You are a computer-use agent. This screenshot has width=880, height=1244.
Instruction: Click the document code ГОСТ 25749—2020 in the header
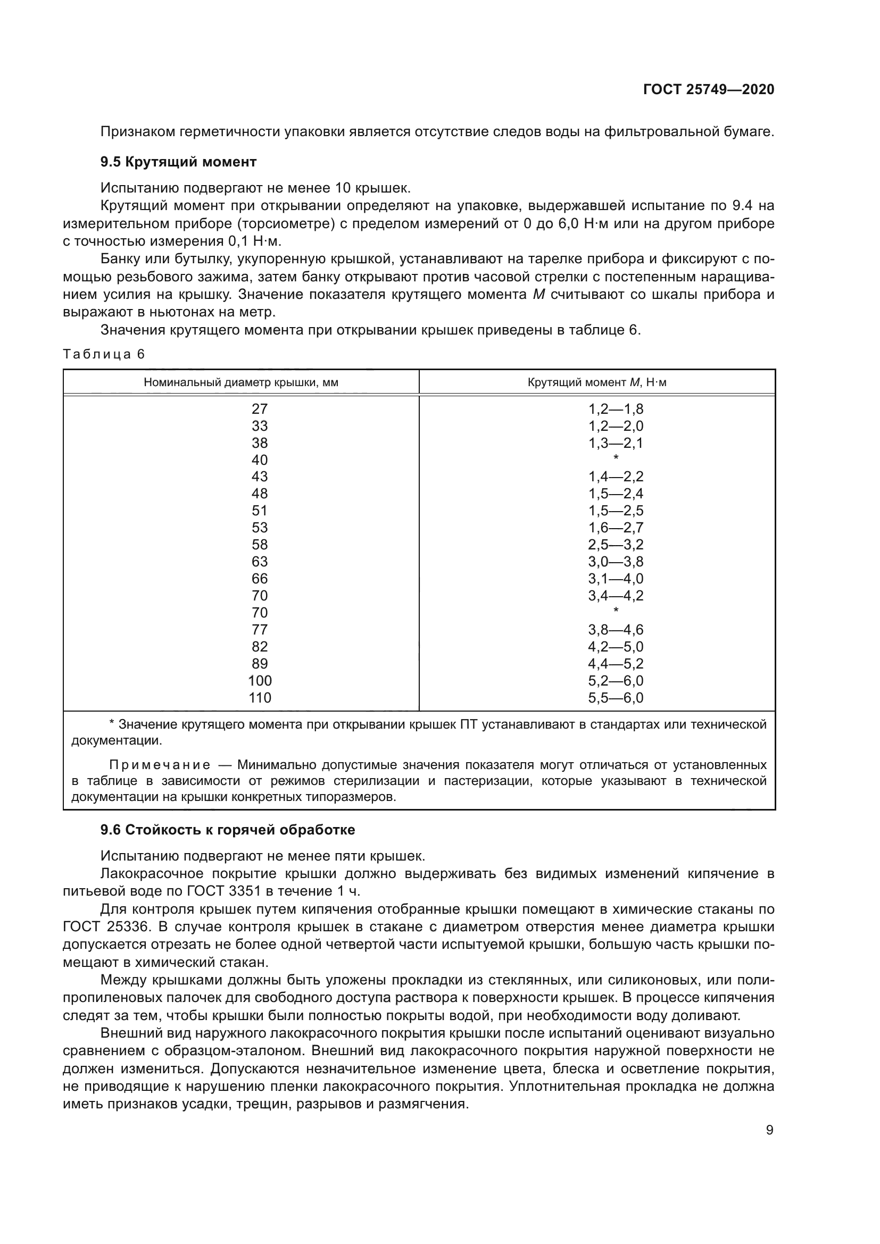pos(708,89)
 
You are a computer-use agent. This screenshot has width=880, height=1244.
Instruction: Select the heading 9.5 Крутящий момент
pos(178,162)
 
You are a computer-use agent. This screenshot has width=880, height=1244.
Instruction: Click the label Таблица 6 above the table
pos(104,354)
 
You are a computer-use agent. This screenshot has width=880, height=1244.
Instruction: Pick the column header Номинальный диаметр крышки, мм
pos(240,382)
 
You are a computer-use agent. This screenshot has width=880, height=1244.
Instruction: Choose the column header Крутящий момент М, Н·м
pos(596,382)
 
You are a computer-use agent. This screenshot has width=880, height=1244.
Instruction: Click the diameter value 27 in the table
pos(260,409)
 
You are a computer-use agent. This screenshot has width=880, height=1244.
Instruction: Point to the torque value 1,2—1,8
pos(616,409)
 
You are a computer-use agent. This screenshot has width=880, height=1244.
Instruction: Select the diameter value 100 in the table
pos(260,681)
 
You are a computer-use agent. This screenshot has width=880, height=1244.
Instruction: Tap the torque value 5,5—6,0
pos(616,698)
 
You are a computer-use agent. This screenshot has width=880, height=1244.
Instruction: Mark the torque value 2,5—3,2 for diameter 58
pos(616,545)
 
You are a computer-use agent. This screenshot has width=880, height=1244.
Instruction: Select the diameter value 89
pos(260,664)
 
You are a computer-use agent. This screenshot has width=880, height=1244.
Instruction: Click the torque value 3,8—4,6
pos(616,630)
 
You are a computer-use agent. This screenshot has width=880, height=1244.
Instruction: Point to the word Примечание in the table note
pos(160,765)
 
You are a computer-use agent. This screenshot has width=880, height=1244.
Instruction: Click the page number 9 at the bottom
pos(769,1130)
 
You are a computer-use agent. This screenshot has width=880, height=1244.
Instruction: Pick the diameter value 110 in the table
pos(260,698)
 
